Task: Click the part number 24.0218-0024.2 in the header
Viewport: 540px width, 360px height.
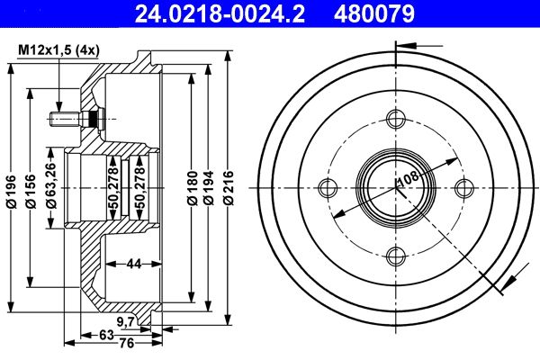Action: [220, 13]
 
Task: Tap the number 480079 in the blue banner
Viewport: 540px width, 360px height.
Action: [374, 13]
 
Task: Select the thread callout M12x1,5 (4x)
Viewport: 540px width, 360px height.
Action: [58, 50]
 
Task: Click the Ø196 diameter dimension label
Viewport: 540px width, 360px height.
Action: [12, 192]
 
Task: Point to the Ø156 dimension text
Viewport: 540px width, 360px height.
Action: [31, 191]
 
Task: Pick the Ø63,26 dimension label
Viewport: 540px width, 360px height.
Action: [51, 185]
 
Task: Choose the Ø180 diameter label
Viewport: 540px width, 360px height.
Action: [193, 188]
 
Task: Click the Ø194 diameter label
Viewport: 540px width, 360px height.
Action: [208, 188]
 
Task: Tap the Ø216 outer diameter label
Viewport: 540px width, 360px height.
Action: [228, 188]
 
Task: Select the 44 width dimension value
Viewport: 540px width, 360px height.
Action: [134, 264]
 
